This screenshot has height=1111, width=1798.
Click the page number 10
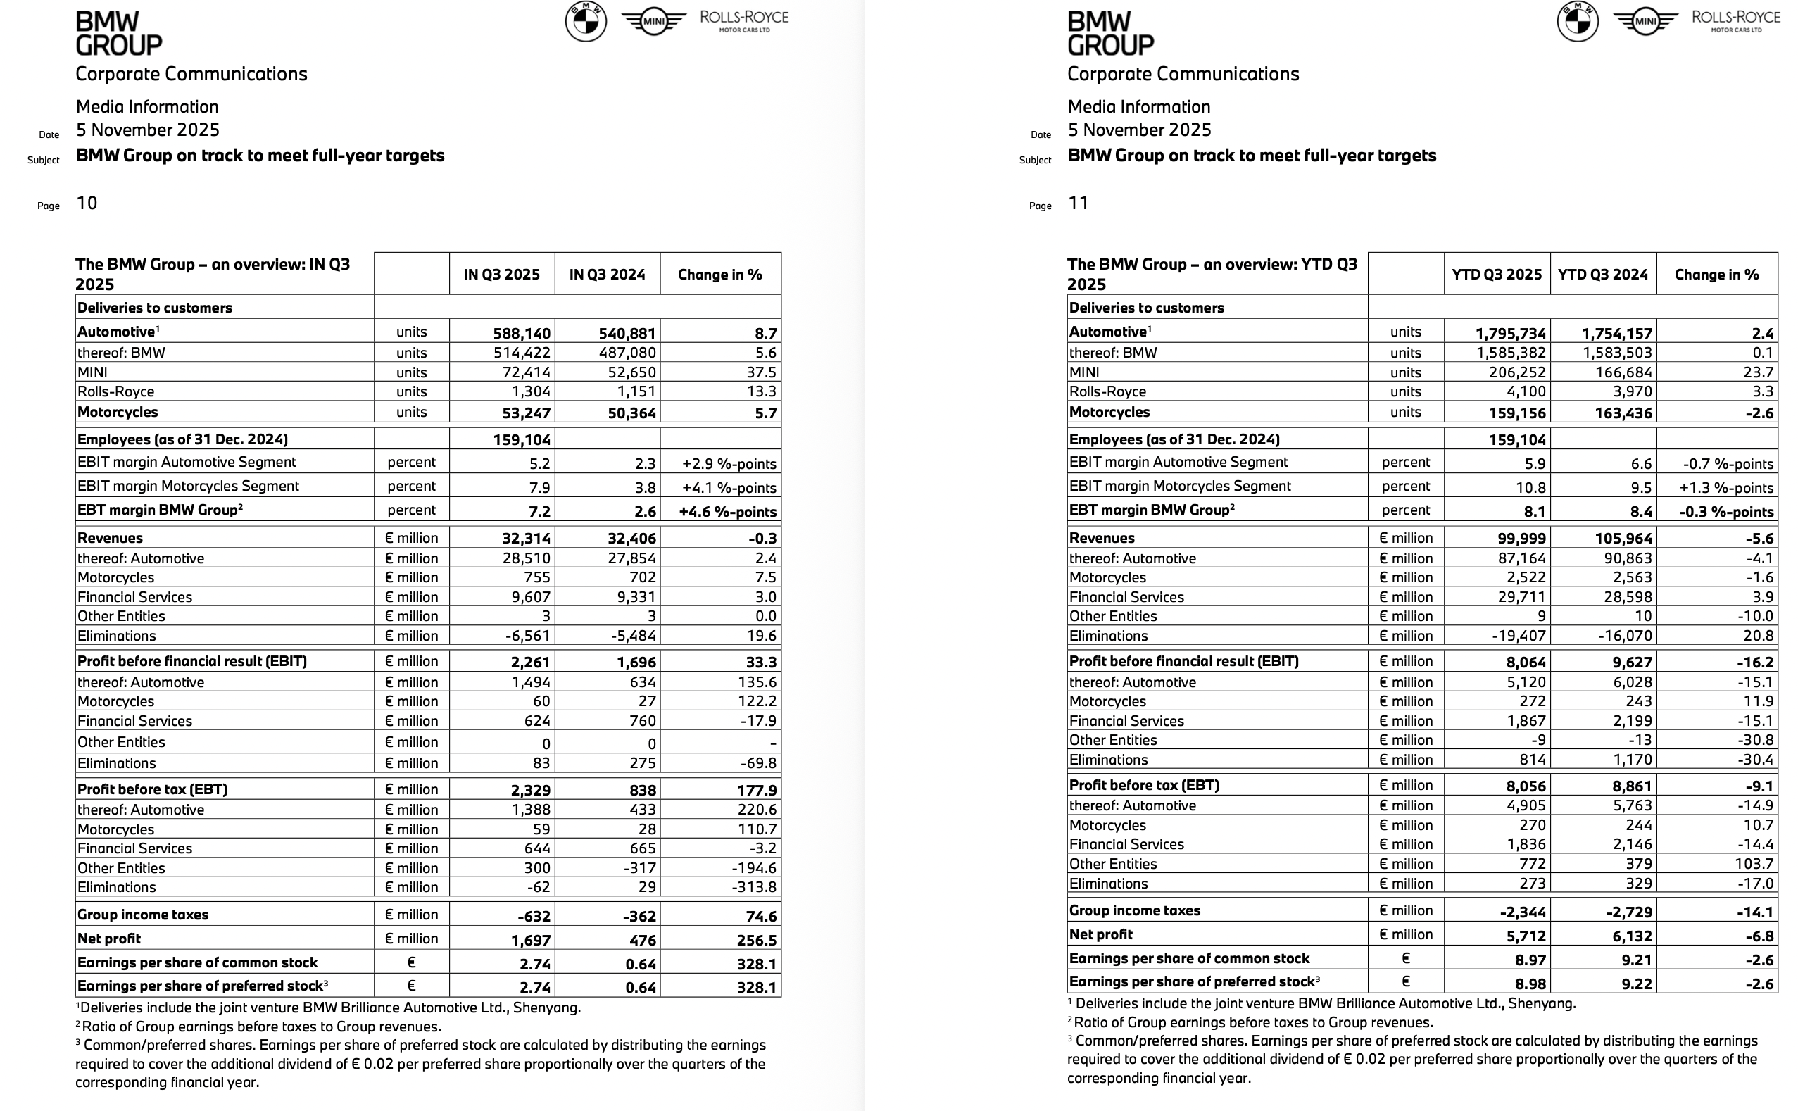click(x=87, y=203)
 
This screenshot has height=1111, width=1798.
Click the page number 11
click(x=1078, y=203)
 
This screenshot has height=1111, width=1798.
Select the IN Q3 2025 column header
click(x=502, y=274)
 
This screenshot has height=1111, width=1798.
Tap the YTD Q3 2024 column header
click(x=1602, y=274)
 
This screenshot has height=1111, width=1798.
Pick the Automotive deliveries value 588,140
click(x=522, y=333)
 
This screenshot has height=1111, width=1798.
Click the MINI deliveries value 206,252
click(x=1516, y=372)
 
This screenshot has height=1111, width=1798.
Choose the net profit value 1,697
click(x=530, y=940)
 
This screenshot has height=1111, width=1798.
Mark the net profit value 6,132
click(x=1628, y=936)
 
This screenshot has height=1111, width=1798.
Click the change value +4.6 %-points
click(x=727, y=511)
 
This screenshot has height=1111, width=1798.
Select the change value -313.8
click(x=754, y=887)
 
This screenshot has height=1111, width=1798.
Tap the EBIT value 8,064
click(x=1526, y=662)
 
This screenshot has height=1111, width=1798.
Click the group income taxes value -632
click(x=534, y=916)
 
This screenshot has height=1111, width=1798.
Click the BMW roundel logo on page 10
click(x=586, y=21)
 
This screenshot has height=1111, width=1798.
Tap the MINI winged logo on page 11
click(x=1645, y=21)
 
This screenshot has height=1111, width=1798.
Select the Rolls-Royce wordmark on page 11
click(x=1735, y=20)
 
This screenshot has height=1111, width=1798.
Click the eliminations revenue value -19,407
click(x=1516, y=636)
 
